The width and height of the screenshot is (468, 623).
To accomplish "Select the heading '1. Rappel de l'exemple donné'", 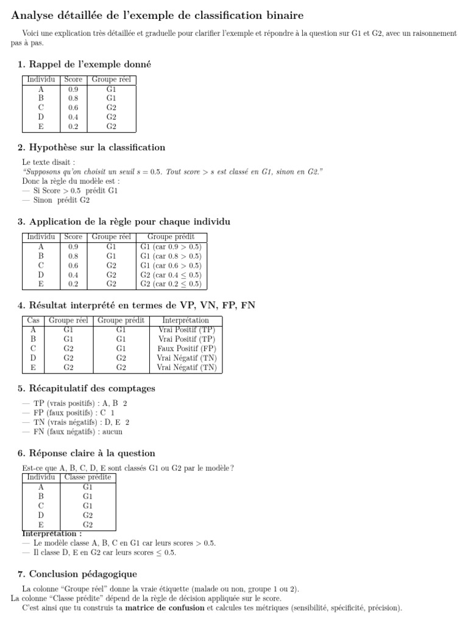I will (84, 64).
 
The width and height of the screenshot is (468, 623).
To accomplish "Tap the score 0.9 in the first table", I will (73, 89).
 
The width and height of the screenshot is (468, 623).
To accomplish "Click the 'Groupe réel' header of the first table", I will (111, 80).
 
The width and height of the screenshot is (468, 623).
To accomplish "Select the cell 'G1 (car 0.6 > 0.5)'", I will (171, 265).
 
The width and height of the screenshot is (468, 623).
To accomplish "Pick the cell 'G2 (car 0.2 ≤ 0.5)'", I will (171, 284).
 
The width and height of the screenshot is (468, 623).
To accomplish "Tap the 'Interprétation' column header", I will (186, 320).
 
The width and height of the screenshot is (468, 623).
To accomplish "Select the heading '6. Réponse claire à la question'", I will (87, 453).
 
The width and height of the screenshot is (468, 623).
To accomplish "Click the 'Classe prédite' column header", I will (88, 477).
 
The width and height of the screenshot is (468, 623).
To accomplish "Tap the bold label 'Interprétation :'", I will (52, 534).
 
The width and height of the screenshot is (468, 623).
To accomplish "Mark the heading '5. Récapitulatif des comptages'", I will (87, 388).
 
